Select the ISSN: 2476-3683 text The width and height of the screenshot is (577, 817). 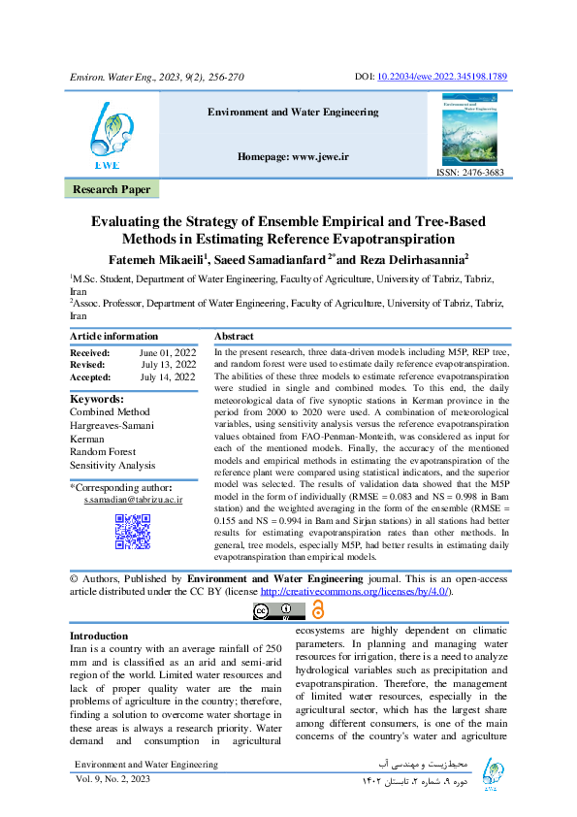472,173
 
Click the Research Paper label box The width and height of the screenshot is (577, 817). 112,190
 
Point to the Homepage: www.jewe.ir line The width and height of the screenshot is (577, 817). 293,156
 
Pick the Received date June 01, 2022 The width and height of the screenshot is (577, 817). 167,352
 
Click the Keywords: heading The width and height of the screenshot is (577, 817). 97,399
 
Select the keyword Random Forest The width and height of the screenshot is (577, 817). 103,451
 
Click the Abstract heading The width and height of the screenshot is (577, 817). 234,336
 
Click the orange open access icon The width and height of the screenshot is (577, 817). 318,609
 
